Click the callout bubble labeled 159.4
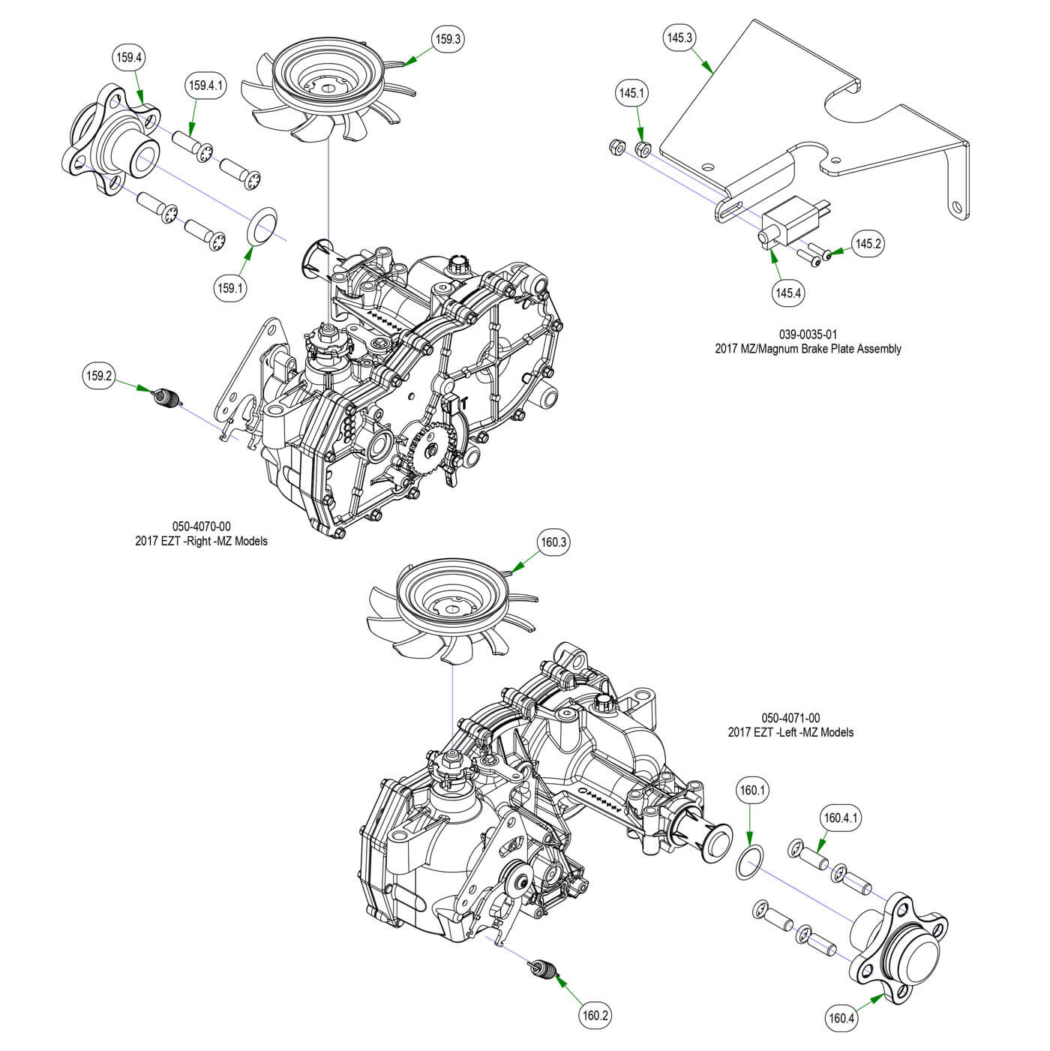(128, 56)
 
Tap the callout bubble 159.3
(447, 38)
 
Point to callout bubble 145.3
(679, 38)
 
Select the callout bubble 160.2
(595, 1016)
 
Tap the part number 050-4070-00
(201, 527)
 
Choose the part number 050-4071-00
(790, 718)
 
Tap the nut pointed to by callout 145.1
(643, 149)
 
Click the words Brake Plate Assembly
(847, 349)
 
